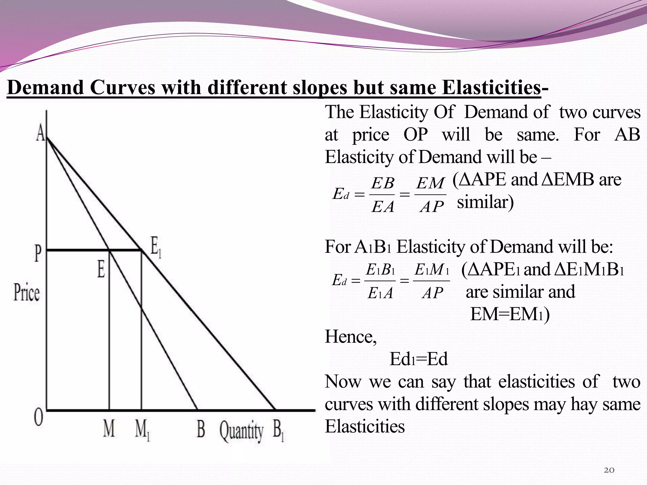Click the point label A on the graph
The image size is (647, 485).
click(40, 132)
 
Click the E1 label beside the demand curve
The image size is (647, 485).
click(156, 247)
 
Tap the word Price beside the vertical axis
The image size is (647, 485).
click(27, 293)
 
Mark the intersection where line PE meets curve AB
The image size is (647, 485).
click(109, 250)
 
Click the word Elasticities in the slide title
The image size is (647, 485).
click(491, 87)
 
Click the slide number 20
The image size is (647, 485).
click(609, 470)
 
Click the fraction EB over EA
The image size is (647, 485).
click(383, 195)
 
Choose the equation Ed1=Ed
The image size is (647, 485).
click(419, 359)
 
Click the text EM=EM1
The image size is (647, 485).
click(509, 314)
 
